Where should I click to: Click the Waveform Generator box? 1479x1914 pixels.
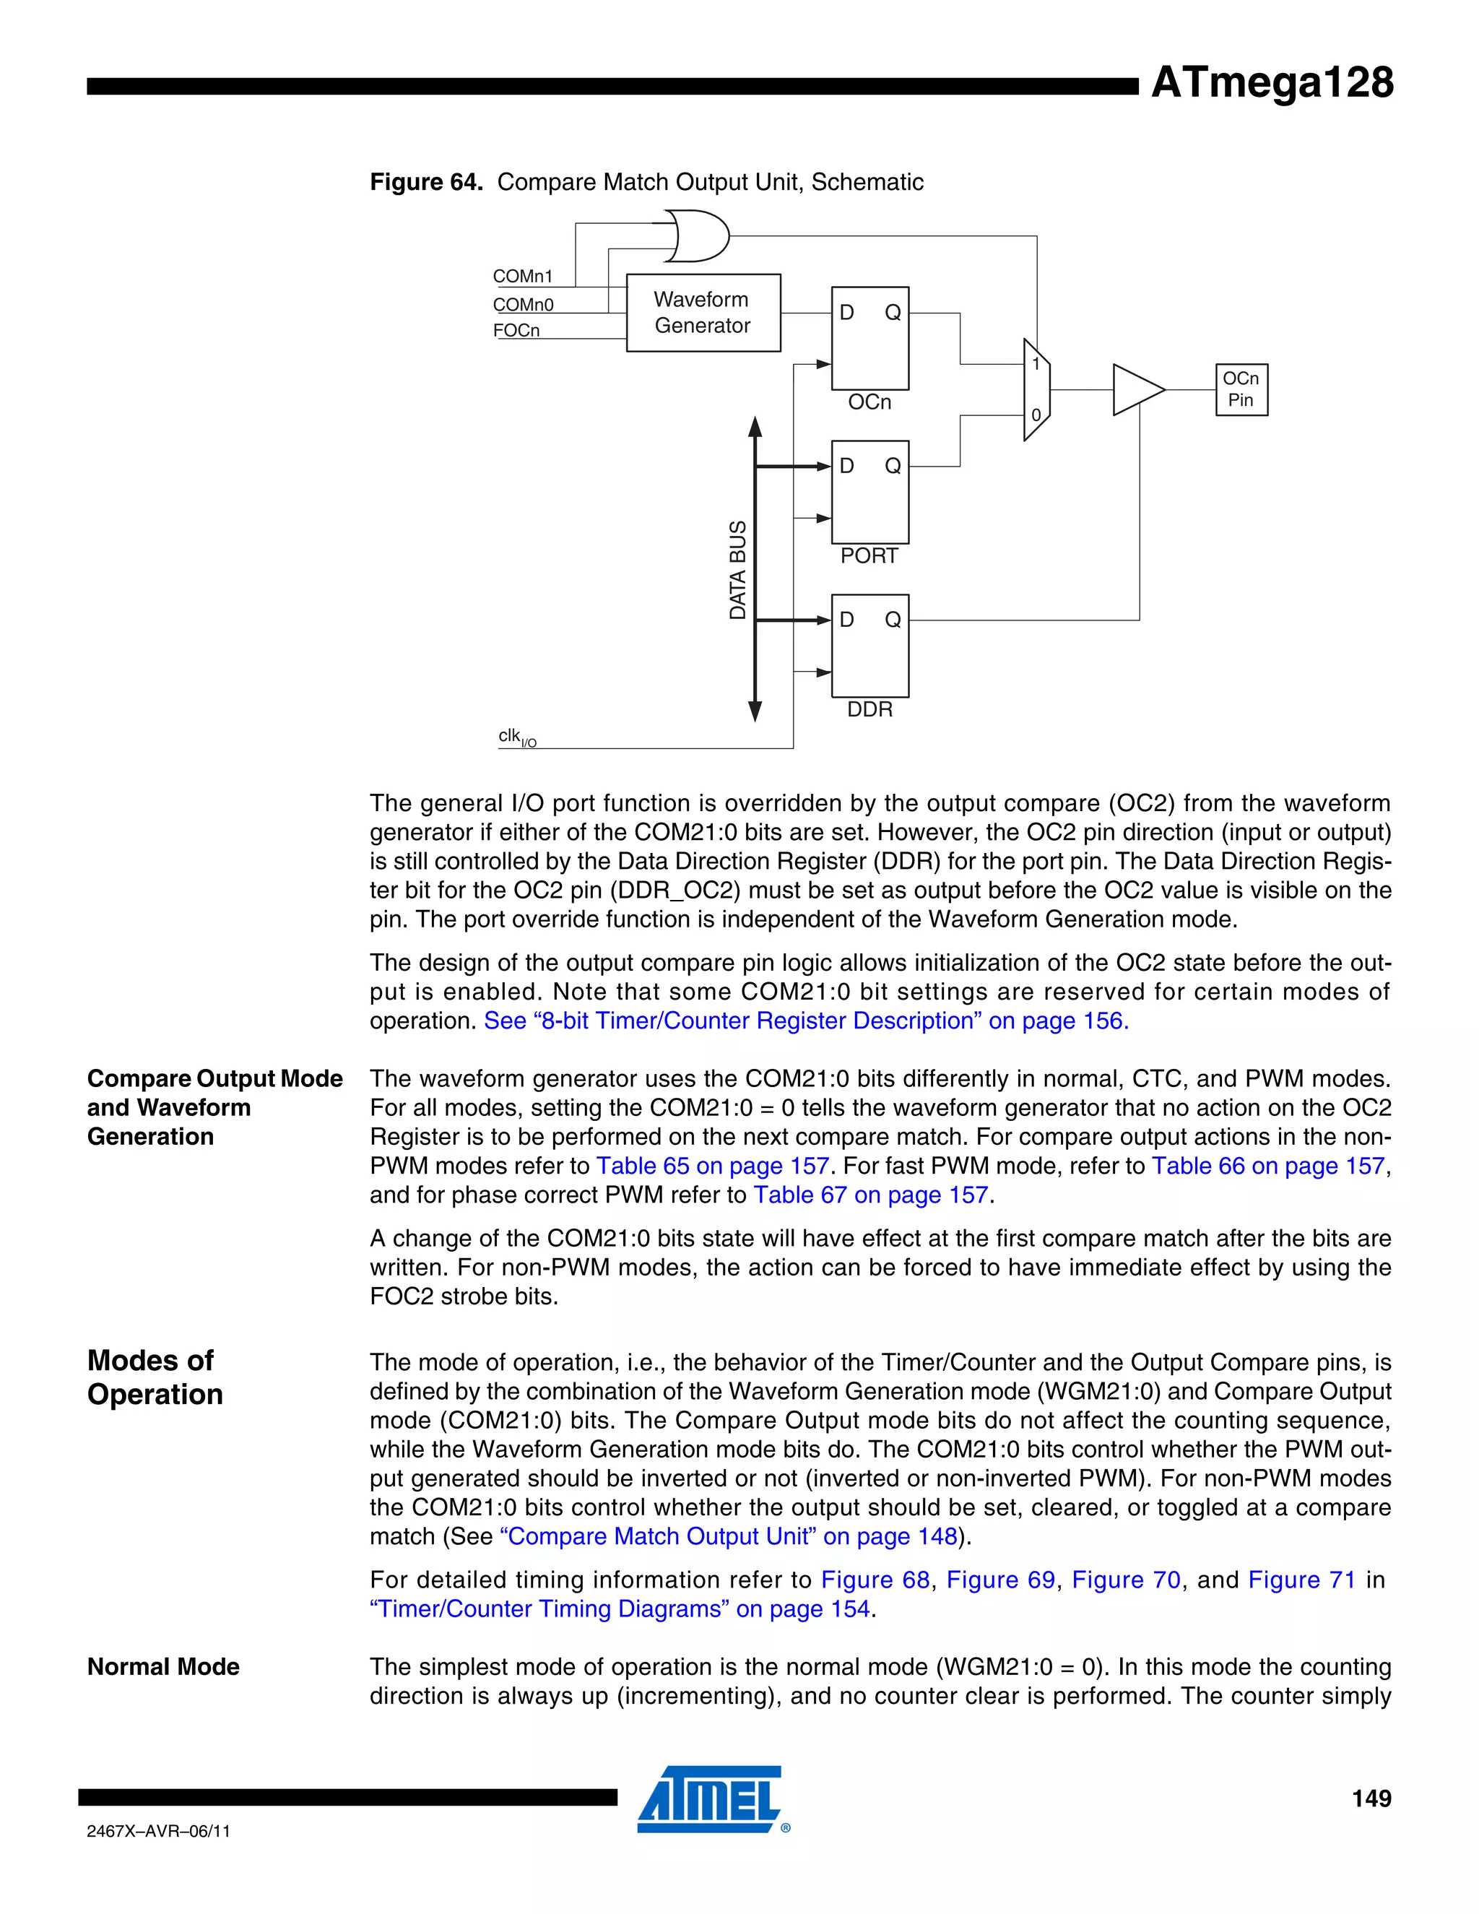tap(703, 313)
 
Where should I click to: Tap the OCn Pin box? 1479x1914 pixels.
tap(1241, 389)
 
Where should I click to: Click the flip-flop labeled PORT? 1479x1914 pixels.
tap(869, 493)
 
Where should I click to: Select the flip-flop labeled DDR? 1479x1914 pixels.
tap(869, 646)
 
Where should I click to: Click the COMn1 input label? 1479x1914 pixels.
tap(522, 277)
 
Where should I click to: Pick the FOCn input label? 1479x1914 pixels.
tap(516, 330)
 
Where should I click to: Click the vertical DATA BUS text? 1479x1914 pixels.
tap(738, 570)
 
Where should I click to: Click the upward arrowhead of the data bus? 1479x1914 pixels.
tap(755, 427)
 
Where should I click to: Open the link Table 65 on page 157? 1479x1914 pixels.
tap(712, 1166)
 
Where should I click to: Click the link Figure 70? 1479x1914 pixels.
tap(1126, 1579)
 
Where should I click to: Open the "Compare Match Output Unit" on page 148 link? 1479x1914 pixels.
tap(728, 1536)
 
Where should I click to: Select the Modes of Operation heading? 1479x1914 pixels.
tap(155, 1377)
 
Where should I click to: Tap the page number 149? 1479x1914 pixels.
tap(1371, 1798)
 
